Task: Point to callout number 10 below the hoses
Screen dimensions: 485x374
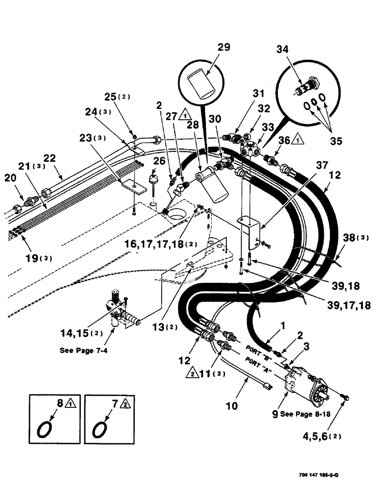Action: pos(232,405)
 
